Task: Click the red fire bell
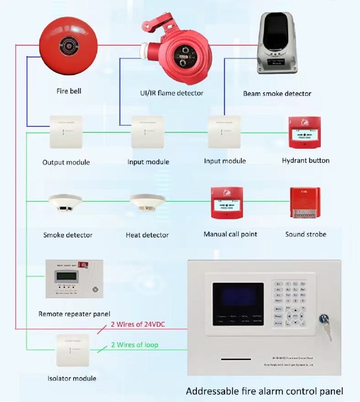(68, 48)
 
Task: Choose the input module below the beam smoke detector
(225, 132)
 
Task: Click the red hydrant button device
(305, 133)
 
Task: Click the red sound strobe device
(305, 204)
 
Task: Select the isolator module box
(73, 350)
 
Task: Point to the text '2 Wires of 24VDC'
(138, 324)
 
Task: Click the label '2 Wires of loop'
(135, 345)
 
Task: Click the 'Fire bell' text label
(69, 91)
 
